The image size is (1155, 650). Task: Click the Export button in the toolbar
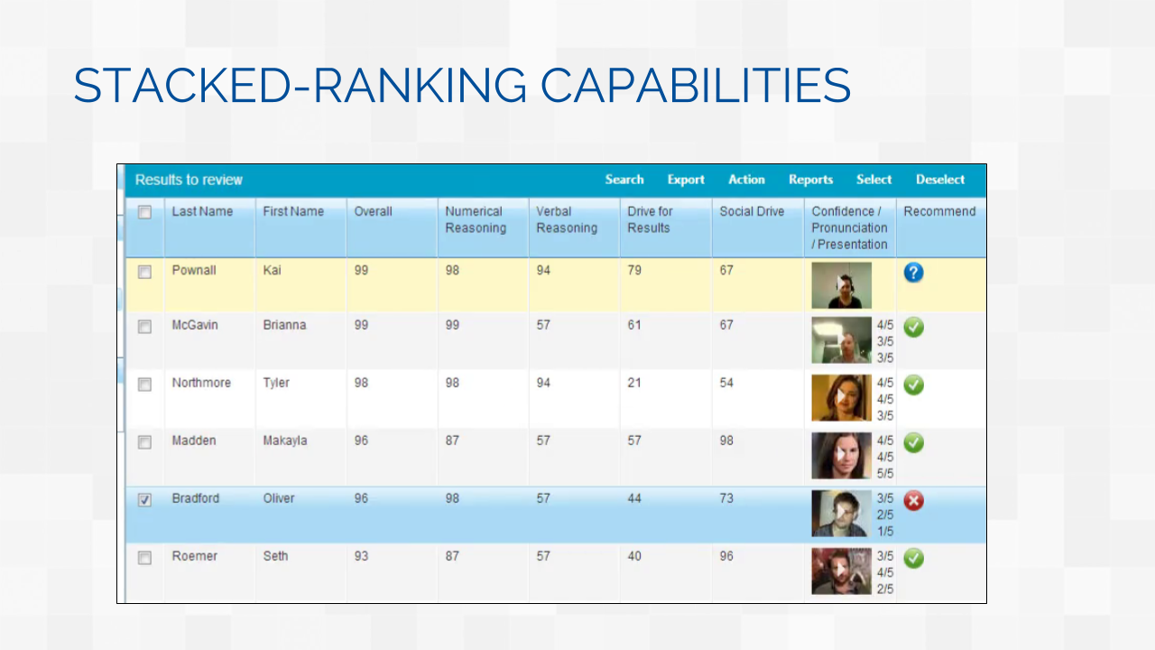click(686, 180)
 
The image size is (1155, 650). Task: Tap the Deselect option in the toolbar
click(940, 180)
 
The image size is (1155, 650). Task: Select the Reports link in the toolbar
click(810, 180)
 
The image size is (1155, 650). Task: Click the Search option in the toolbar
click(624, 180)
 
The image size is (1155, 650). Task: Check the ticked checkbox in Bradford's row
click(145, 500)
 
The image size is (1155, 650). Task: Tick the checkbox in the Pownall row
click(145, 272)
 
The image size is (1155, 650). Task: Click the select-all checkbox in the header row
click(145, 212)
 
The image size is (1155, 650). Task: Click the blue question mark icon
click(914, 273)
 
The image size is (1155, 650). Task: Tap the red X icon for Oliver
click(914, 500)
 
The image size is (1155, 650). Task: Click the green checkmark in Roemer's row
click(914, 558)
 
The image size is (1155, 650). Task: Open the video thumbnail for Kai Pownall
click(842, 285)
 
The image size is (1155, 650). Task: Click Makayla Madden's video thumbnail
click(842, 456)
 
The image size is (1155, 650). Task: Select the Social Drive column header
click(752, 211)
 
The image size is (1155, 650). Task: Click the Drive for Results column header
click(650, 219)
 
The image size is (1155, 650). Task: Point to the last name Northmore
click(201, 383)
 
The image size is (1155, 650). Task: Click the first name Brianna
click(284, 325)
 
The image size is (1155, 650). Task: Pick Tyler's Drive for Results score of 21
click(634, 383)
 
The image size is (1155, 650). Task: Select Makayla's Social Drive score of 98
click(726, 441)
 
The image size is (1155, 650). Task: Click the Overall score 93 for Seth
click(361, 556)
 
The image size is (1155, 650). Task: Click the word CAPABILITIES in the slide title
click(695, 86)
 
